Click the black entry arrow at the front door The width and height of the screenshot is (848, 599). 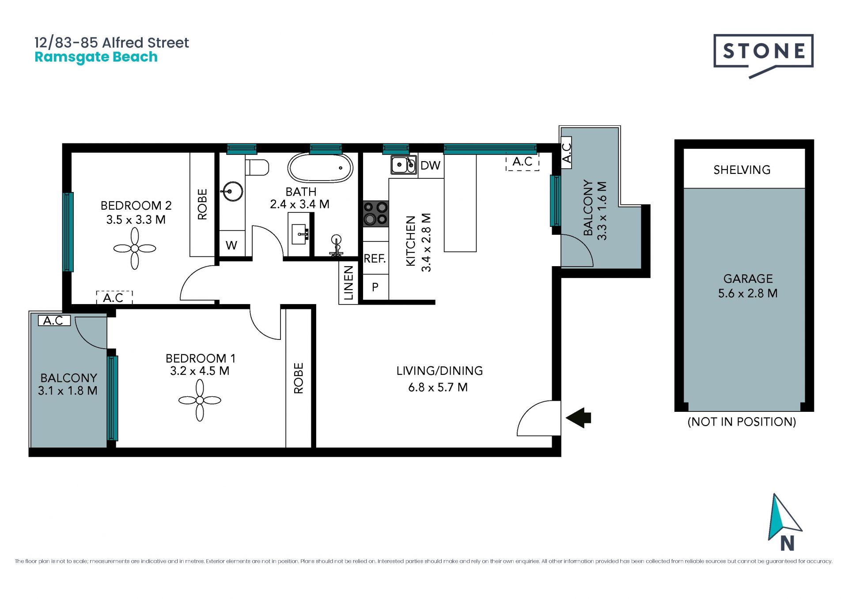578,418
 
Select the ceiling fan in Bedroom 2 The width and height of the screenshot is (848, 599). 135,249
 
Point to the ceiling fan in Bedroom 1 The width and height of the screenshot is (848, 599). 200,400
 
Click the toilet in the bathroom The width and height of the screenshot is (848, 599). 257,167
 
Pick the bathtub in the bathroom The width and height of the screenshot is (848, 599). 320,168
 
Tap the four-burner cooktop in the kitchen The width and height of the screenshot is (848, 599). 376,214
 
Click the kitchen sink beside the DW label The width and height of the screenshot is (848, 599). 404,165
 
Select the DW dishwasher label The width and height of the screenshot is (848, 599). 430,166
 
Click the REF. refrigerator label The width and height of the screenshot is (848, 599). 375,258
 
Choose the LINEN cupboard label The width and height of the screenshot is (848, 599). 348,283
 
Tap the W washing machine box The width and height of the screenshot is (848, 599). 232,244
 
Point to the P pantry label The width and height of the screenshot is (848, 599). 375,287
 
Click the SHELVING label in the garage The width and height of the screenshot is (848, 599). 742,170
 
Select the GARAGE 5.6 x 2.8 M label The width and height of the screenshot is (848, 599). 748,286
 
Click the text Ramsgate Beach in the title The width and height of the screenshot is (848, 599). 96,57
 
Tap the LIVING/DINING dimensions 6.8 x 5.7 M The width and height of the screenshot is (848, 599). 438,387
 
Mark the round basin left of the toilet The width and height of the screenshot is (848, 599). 232,192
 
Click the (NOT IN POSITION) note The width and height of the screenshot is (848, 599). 742,422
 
